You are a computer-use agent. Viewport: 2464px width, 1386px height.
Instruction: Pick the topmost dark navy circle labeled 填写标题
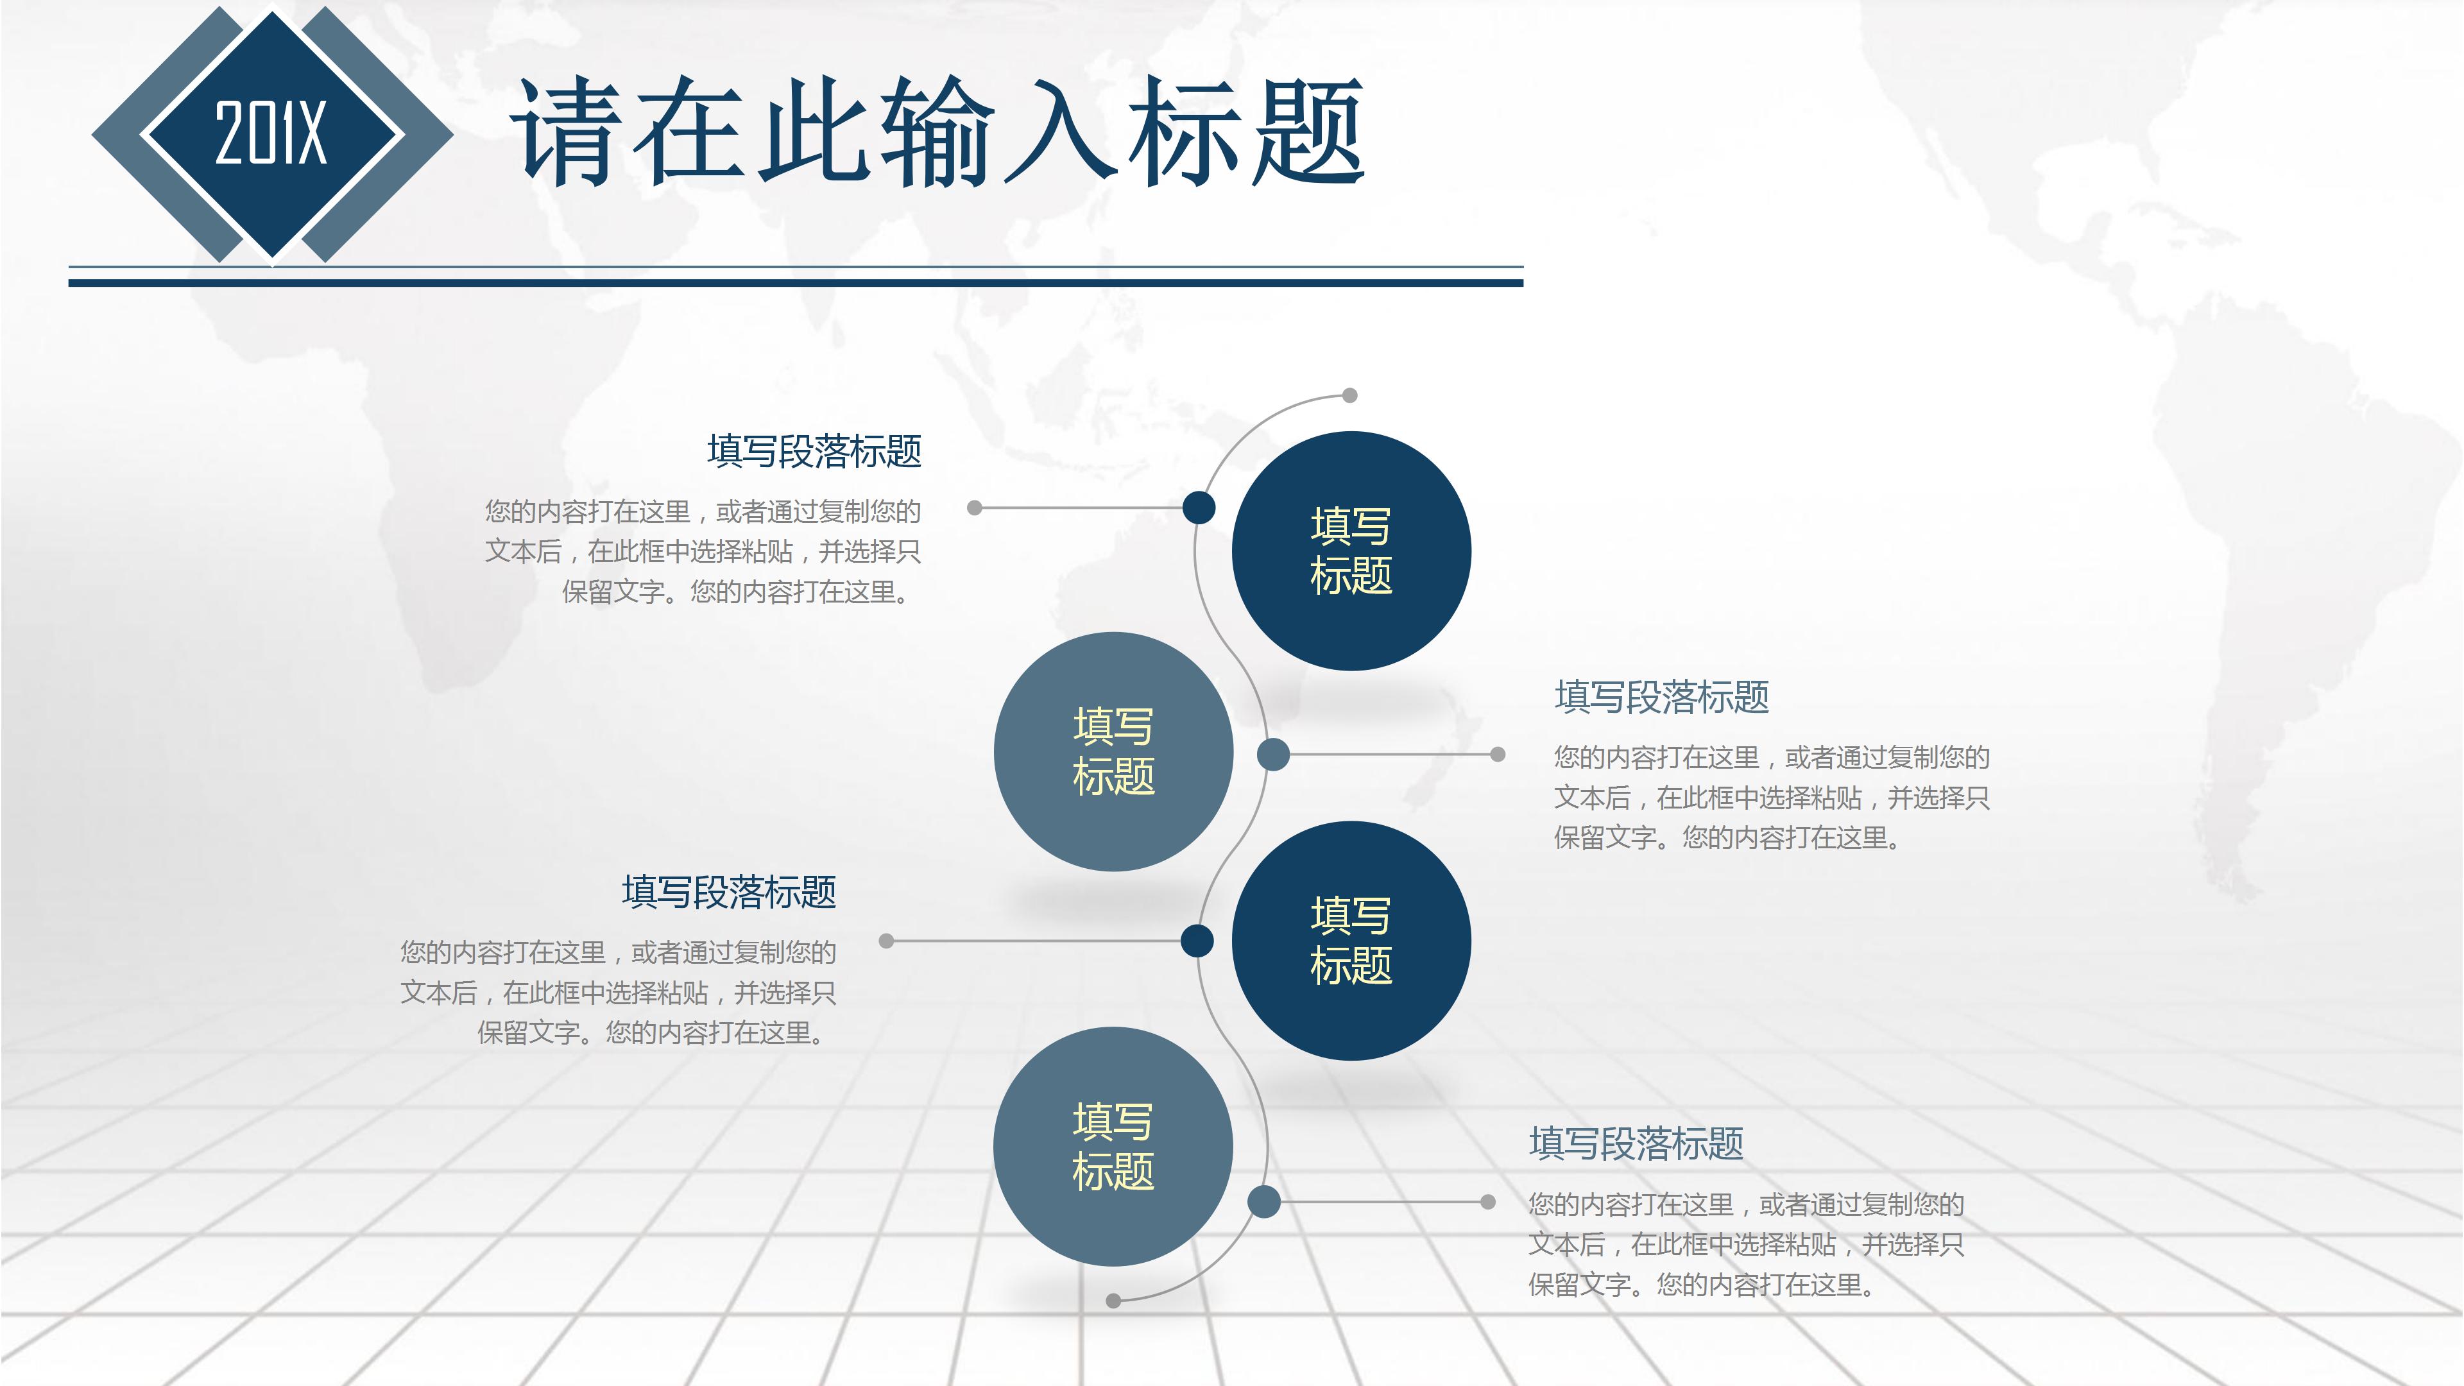pyautogui.click(x=1351, y=551)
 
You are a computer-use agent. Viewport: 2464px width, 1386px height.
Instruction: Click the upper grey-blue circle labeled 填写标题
pyautogui.click(x=1113, y=752)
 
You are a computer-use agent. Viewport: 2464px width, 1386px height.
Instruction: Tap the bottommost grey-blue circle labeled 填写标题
pyautogui.click(x=1113, y=1146)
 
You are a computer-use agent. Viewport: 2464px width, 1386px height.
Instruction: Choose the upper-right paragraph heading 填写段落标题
pyautogui.click(x=1661, y=697)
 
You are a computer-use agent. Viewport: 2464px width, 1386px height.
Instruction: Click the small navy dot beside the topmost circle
pyautogui.click(x=1199, y=508)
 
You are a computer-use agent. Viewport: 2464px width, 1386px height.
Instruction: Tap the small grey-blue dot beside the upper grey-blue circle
pyautogui.click(x=1273, y=755)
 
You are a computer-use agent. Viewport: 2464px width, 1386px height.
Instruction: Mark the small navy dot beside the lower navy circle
pyautogui.click(x=1197, y=940)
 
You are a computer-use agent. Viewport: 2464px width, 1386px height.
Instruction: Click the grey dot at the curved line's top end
pyautogui.click(x=1349, y=395)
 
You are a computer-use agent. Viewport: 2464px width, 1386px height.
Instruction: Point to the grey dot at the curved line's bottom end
pyautogui.click(x=1113, y=1301)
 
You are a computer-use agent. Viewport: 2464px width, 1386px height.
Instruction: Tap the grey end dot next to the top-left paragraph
pyautogui.click(x=975, y=508)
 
